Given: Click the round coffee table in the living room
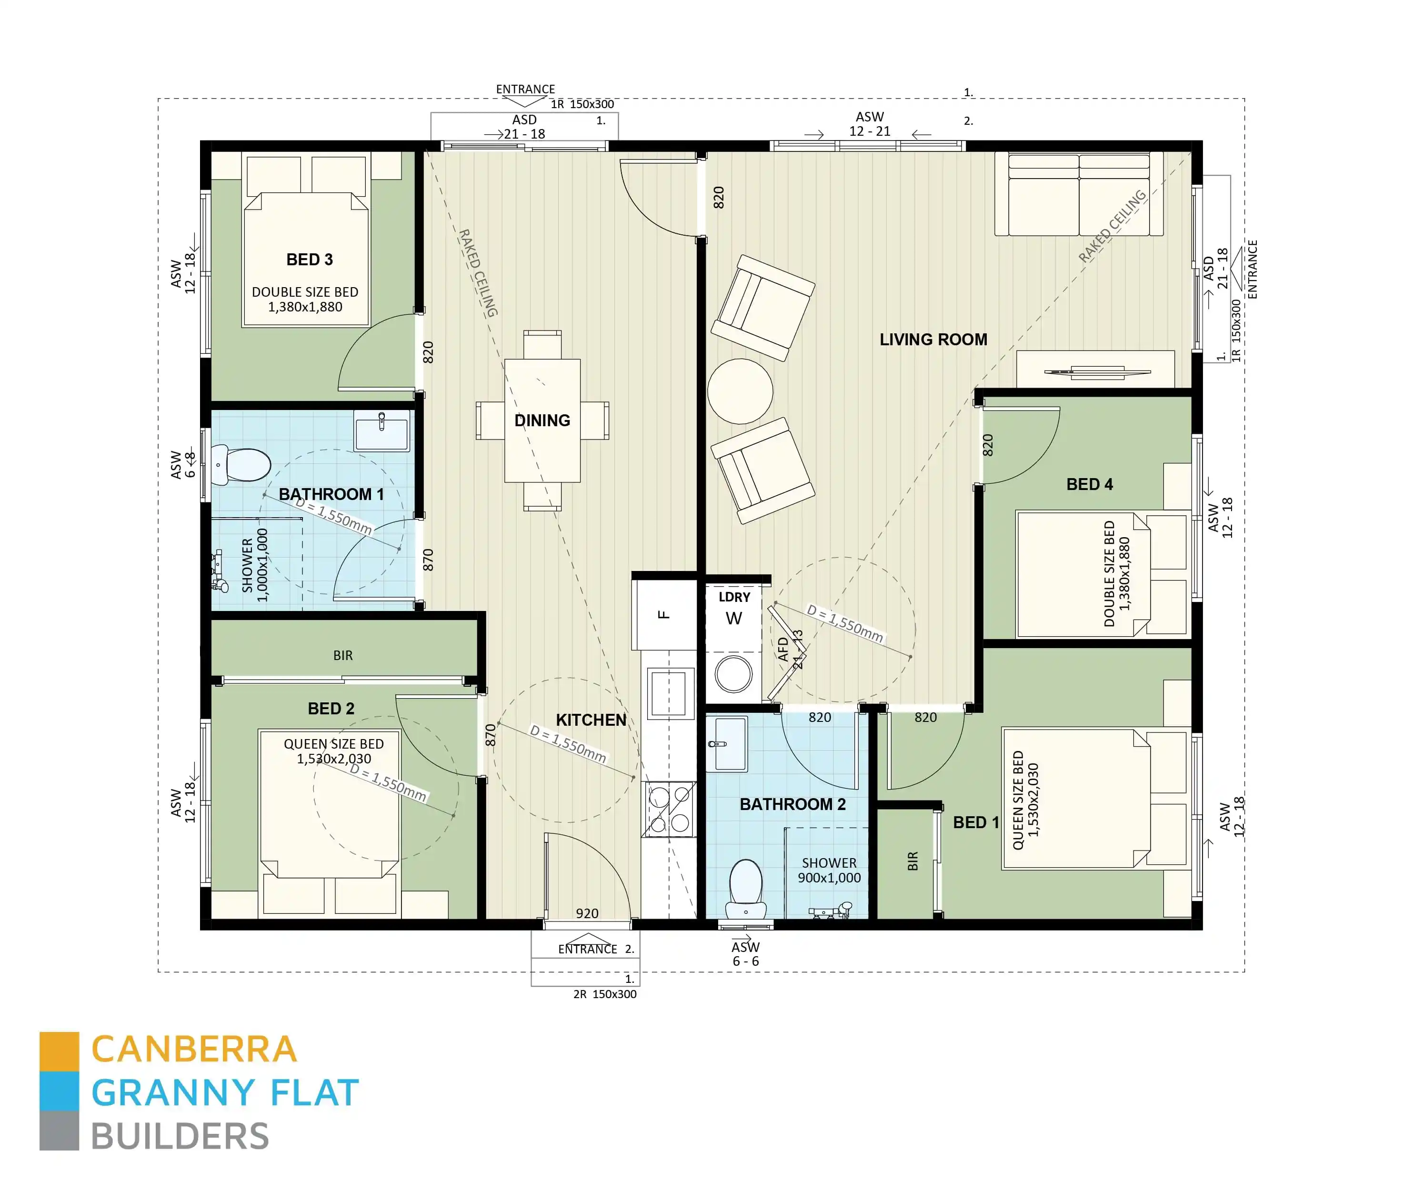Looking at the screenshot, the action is pyautogui.click(x=740, y=391).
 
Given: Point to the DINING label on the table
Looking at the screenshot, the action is pyautogui.click(x=542, y=420).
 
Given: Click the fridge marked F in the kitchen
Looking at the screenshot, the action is pyautogui.click(x=664, y=614).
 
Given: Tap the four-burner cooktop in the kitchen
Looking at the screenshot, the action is pyautogui.click(x=669, y=809).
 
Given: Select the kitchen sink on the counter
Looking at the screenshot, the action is pyautogui.click(x=671, y=693).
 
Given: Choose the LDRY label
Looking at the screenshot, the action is pyautogui.click(x=734, y=598).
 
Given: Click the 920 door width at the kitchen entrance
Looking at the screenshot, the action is pyautogui.click(x=587, y=913).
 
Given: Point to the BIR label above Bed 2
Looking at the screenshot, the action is pyautogui.click(x=343, y=656).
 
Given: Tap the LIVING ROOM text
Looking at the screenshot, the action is pyautogui.click(x=933, y=340).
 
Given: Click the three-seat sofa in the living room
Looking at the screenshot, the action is pyautogui.click(x=1079, y=194).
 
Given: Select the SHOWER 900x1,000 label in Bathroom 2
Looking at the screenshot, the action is pyautogui.click(x=829, y=871).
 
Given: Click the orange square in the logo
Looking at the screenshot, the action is pyautogui.click(x=60, y=1051).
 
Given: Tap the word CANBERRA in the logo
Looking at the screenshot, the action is pyautogui.click(x=194, y=1050).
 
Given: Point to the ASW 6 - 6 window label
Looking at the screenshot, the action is pyautogui.click(x=745, y=954).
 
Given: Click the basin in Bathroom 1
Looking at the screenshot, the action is pyautogui.click(x=381, y=431).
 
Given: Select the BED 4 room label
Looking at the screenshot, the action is pyautogui.click(x=1089, y=484).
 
